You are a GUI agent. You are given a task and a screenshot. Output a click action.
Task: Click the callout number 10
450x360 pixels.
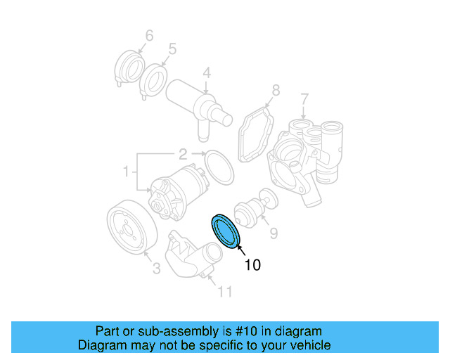click(x=252, y=264)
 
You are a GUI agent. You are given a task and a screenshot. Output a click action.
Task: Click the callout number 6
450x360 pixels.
click(x=149, y=35)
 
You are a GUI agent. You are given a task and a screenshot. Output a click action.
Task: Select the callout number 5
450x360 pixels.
click(x=172, y=50)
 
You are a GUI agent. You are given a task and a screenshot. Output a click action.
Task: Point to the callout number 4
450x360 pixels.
click(x=207, y=72)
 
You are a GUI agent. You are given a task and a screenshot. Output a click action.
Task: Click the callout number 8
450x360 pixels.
click(x=275, y=90)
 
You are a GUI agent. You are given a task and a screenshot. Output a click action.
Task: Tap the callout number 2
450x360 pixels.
click(x=181, y=153)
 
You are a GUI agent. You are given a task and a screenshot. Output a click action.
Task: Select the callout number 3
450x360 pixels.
click(x=156, y=268)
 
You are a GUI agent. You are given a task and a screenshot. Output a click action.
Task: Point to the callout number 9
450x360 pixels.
click(x=274, y=231)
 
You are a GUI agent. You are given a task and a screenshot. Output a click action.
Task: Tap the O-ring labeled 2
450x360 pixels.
click(x=219, y=168)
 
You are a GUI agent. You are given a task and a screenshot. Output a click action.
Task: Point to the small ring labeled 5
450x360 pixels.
click(x=153, y=77)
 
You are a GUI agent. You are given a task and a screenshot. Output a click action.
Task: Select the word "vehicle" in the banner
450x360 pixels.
click(x=307, y=345)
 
